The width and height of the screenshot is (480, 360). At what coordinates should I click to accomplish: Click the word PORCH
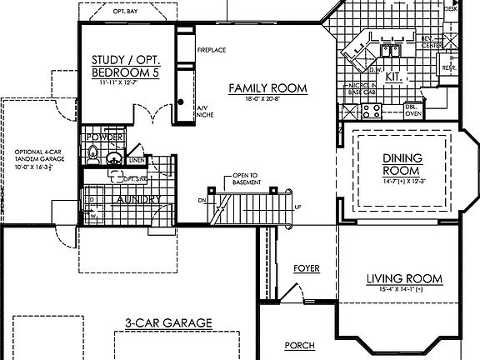click(x=299, y=345)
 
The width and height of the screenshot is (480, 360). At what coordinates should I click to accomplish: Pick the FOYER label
click(x=307, y=268)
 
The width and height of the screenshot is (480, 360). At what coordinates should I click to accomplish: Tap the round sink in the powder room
click(x=112, y=156)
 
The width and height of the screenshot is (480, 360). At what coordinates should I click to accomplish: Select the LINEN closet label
click(x=138, y=159)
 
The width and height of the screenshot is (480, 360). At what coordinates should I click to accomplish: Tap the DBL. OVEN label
click(x=413, y=111)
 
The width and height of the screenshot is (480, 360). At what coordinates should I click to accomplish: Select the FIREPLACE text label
click(x=212, y=50)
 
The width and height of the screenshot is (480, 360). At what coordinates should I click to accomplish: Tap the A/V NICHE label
click(x=203, y=111)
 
